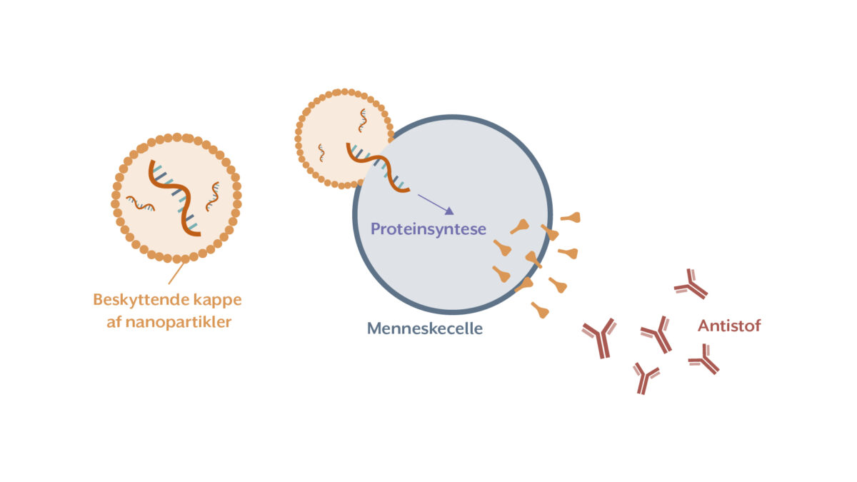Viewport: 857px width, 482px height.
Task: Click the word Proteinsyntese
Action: [428, 229]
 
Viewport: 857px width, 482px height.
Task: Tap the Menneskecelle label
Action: [425, 328]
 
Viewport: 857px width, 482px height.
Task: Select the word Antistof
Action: [729, 326]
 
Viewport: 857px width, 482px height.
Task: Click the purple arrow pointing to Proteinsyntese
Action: [435, 204]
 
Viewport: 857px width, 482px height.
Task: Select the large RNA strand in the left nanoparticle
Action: [175, 197]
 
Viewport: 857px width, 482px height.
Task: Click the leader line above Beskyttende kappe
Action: [176, 273]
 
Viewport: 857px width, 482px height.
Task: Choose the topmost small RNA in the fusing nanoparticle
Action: [363, 119]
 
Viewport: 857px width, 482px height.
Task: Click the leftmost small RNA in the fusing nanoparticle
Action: [321, 152]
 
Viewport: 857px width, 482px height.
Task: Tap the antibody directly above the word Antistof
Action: [691, 284]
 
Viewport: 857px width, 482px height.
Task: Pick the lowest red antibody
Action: [646, 378]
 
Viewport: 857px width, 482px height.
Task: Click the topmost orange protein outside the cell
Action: [571, 217]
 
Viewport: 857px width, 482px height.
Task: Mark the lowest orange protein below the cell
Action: [540, 310]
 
